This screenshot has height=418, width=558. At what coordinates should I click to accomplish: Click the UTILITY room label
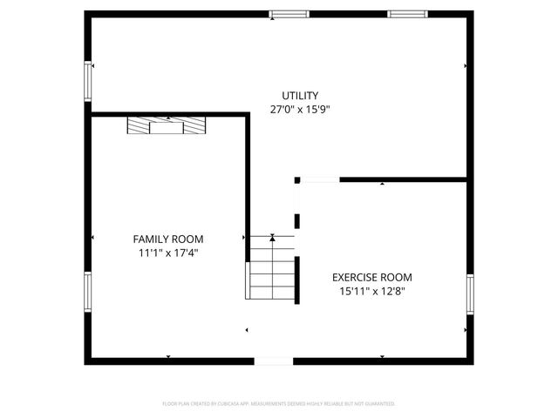[x=300, y=96]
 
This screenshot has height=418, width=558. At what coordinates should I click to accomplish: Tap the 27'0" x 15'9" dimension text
[x=300, y=110]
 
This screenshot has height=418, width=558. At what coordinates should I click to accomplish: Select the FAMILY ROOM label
[x=168, y=239]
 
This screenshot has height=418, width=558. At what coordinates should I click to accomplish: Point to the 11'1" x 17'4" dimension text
[x=168, y=253]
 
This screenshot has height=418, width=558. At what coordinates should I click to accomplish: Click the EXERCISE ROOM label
[x=372, y=278]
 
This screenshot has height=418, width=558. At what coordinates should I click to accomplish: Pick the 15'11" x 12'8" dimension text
[x=372, y=292]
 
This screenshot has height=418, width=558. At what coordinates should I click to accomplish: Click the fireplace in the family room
[x=166, y=126]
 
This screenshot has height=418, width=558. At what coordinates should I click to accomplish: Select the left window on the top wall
[x=289, y=14]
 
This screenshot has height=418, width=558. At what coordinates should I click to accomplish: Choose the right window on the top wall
[x=407, y=14]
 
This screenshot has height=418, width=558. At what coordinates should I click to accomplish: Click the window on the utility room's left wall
[x=87, y=80]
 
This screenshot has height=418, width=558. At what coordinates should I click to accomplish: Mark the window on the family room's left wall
[x=87, y=293]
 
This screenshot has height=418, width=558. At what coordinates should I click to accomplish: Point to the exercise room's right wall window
[x=469, y=294]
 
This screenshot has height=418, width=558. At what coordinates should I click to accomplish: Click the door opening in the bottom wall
[x=274, y=361]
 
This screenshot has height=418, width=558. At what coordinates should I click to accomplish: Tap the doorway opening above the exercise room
[x=319, y=180]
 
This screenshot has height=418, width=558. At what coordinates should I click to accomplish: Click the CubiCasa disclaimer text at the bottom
[x=279, y=404]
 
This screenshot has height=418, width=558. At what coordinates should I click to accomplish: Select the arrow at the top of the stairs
[x=273, y=236]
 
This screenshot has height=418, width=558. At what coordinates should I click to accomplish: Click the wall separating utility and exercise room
[x=404, y=180]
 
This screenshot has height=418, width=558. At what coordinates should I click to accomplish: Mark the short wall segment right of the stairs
[x=298, y=279]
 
